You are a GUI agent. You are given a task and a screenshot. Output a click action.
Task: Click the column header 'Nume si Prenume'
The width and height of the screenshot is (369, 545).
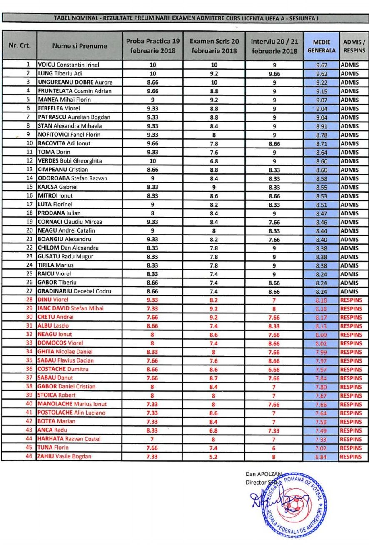point(80,46)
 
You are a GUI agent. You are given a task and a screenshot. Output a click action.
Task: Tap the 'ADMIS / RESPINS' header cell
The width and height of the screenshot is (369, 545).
point(354,46)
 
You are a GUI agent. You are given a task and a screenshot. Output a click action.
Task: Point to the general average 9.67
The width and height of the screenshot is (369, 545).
point(321,65)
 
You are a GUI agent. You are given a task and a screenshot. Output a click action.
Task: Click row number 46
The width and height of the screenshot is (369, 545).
point(29,456)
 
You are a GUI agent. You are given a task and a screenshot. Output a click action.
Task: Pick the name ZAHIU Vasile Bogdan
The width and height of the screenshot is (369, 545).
point(65,456)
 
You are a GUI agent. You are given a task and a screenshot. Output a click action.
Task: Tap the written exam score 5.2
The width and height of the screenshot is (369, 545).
point(214,456)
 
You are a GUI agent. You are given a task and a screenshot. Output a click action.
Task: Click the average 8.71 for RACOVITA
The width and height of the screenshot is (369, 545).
point(321,143)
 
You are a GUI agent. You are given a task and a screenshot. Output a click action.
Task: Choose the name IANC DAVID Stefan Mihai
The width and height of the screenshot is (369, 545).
point(70,308)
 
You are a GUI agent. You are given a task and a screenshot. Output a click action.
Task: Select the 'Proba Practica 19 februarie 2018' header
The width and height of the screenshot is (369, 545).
point(153,46)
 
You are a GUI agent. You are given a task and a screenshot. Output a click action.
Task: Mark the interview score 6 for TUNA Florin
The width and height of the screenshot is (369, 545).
point(274,447)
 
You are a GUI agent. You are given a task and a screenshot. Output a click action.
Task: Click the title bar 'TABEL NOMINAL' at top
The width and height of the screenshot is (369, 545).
point(185,18)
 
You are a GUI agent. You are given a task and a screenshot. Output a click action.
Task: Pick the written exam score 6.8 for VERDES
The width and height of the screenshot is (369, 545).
point(214,161)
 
